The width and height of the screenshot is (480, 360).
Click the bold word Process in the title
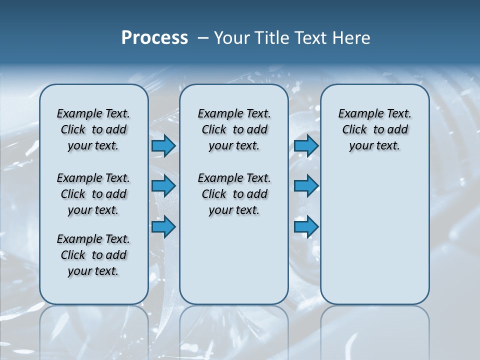[154, 38]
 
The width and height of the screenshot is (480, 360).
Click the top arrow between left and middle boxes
[163, 146]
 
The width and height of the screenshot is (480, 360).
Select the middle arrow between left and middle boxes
[163, 186]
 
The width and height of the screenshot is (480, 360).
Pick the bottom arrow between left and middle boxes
[163, 227]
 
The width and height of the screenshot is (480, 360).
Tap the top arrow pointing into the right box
[306, 146]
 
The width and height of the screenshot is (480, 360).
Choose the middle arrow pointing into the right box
[306, 186]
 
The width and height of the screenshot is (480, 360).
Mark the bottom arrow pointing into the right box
[306, 227]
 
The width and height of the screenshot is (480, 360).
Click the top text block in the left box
[93, 129]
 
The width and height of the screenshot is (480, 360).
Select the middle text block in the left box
[93, 194]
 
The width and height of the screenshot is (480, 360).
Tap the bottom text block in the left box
[93, 255]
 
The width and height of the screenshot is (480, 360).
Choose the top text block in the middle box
[234, 129]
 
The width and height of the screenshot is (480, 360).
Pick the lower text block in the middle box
[234, 194]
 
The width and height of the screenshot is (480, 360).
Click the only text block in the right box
[374, 129]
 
